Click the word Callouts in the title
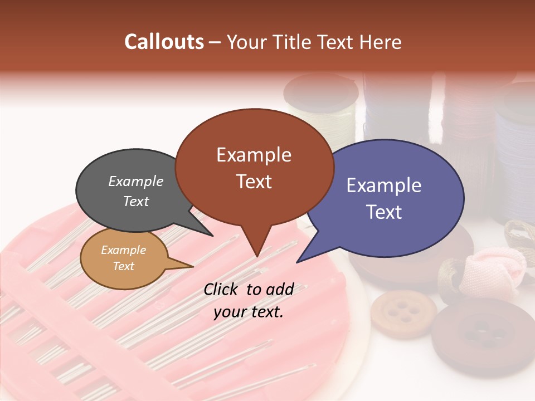[x=164, y=42]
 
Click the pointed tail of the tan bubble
[x=187, y=266]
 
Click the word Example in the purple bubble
[x=383, y=185]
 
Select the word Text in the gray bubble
[x=136, y=202]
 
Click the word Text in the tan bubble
[x=124, y=266]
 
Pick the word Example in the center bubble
[x=254, y=155]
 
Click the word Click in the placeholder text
[x=221, y=289]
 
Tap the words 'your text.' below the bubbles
[x=249, y=312]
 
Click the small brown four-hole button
[x=403, y=312]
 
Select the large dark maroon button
[x=483, y=334]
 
